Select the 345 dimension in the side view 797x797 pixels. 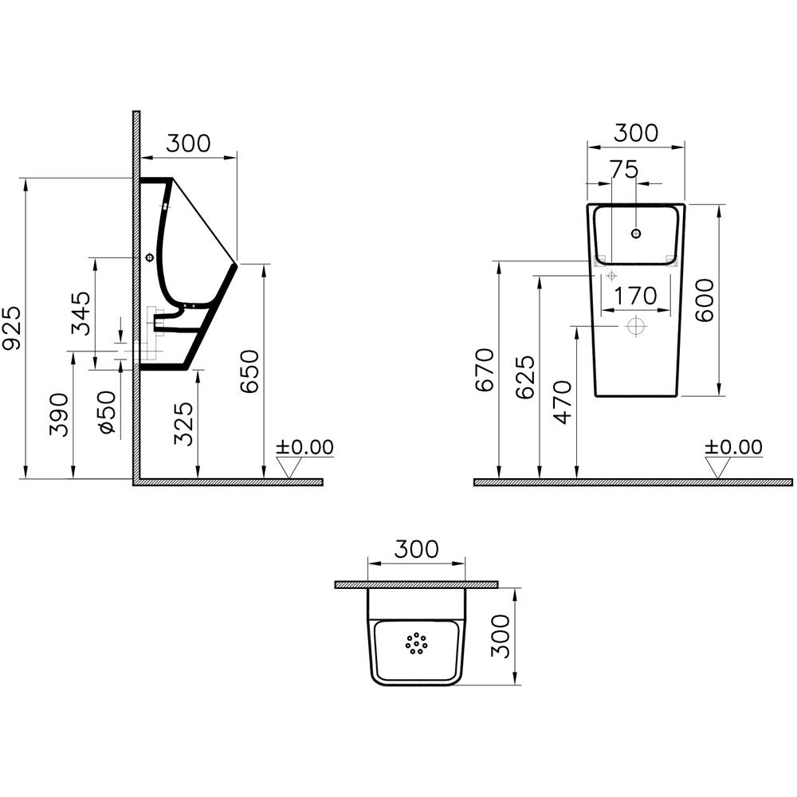pos(80,313)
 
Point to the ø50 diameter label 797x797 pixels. pos(108,412)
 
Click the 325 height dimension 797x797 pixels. pos(184,424)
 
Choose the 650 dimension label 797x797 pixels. pos(249,371)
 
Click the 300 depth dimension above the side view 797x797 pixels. pos(189,143)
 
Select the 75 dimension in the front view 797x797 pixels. pos(624,170)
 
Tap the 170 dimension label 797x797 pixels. pos(636,296)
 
